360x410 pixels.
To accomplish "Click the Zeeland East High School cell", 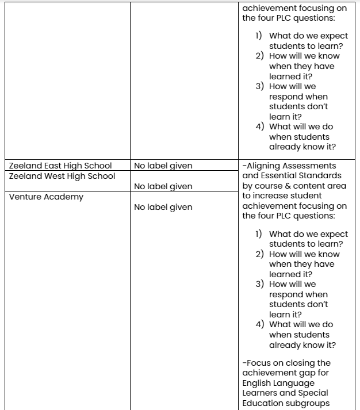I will coord(60,166).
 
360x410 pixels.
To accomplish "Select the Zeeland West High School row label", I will coord(62,176).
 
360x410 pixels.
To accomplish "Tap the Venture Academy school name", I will coord(46,197).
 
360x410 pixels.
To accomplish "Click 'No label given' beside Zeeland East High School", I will coord(163,166).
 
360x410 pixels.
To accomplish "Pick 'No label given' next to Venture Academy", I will coord(163,207).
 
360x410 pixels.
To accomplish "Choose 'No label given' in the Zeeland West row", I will coord(163,186).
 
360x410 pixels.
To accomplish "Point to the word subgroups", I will coord(312,403).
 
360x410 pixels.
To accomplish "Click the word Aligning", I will coord(263,166).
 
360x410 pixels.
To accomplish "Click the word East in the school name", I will coord(54,166).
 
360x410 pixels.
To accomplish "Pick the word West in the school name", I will coord(55,176).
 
